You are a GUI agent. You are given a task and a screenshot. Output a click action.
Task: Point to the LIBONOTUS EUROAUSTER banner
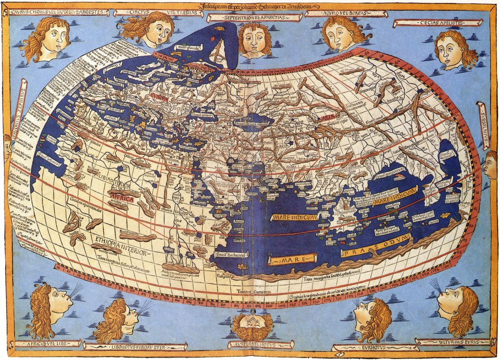coord(135,346)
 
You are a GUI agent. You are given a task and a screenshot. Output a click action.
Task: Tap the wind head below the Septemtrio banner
coord(254,39)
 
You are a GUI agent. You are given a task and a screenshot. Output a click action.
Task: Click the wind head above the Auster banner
coord(252,326)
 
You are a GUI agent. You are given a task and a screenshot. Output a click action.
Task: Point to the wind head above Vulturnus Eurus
coord(458,308)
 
